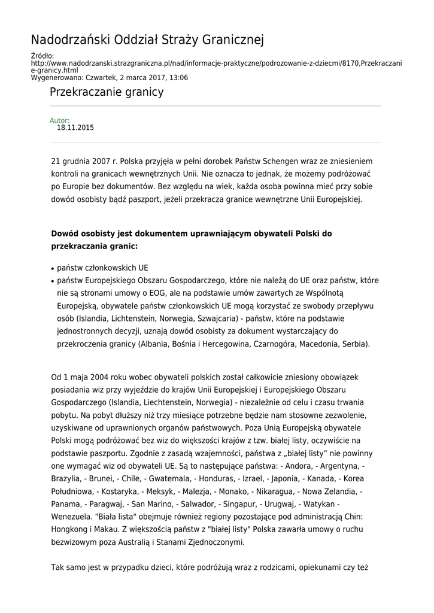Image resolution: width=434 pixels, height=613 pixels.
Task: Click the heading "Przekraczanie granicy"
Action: coord(107,93)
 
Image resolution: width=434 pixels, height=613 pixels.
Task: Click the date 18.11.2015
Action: coord(75,128)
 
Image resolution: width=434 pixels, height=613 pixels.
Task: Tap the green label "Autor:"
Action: coord(59,120)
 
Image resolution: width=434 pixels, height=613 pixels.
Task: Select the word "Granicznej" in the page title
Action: coord(230,41)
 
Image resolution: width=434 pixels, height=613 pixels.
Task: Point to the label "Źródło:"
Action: coord(42,56)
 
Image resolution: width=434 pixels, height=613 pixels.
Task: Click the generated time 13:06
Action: coord(178,78)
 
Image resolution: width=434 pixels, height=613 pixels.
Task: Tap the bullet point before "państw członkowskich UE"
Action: coord(53,269)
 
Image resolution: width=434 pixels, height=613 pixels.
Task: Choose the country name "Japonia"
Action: coord(287,479)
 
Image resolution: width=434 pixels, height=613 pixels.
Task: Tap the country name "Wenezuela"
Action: coord(71,517)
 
